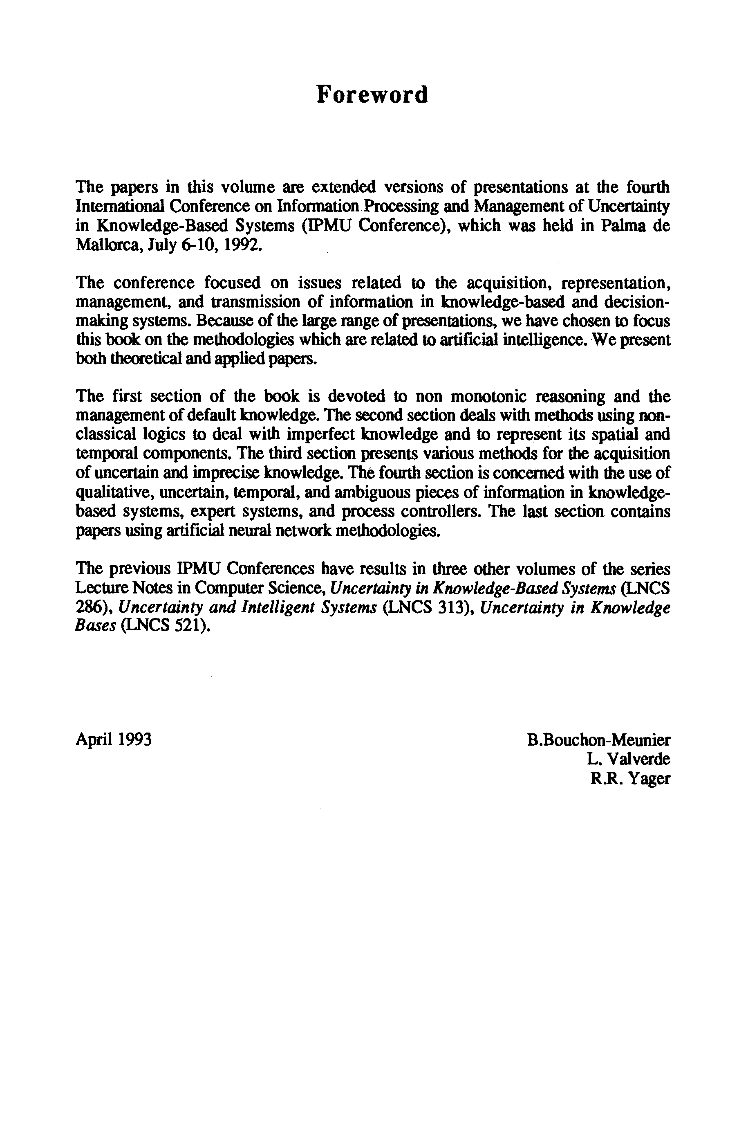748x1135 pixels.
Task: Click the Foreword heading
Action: [x=372, y=94]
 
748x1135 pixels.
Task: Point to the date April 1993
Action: [x=114, y=739]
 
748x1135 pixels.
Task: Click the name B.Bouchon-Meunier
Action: [x=599, y=740]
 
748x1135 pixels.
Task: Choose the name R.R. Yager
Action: [x=630, y=778]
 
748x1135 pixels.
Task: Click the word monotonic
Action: [x=488, y=396]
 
